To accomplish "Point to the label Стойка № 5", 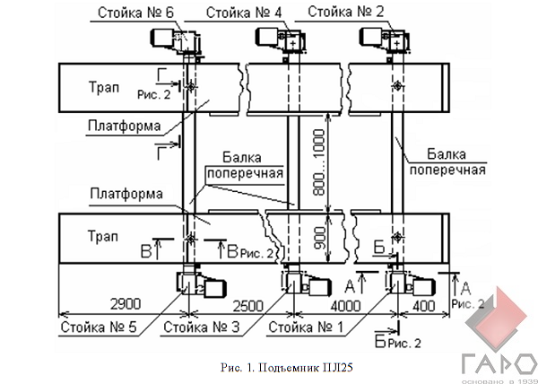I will click(99, 327).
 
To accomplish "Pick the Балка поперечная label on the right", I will click(456, 161).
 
